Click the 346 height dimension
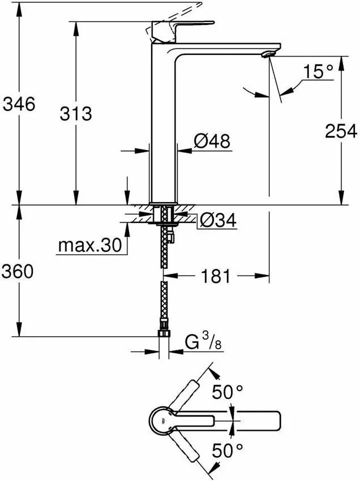click(x=19, y=104)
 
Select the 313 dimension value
click(x=75, y=113)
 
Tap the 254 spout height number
click(x=341, y=131)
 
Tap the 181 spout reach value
click(x=216, y=277)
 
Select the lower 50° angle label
click(x=227, y=450)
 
